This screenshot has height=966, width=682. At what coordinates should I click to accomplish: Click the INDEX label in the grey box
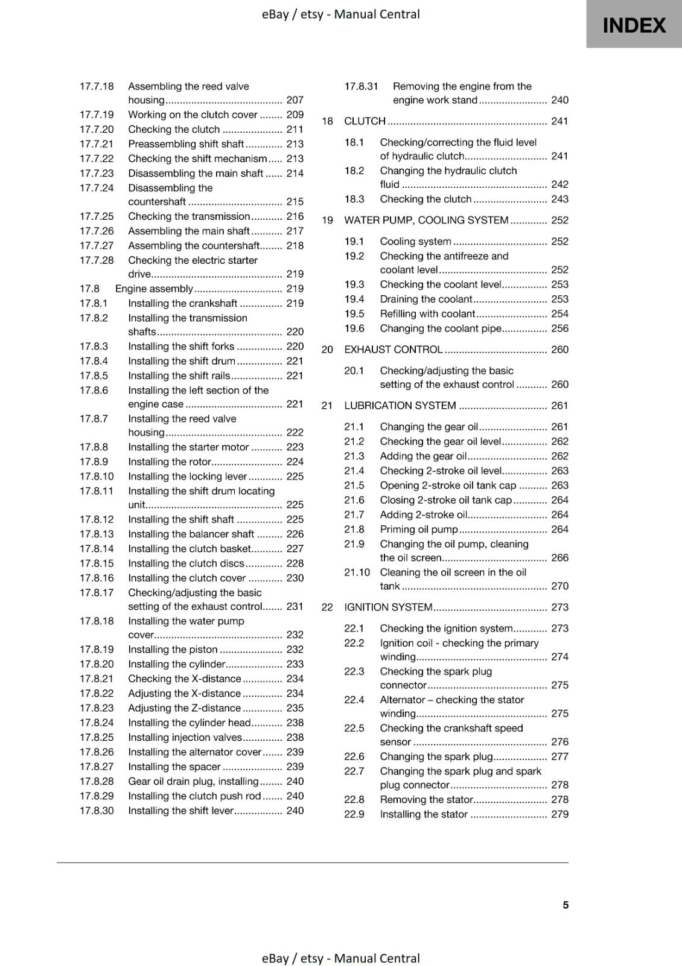coord(634,25)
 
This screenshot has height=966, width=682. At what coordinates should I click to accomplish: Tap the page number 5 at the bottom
coord(566,904)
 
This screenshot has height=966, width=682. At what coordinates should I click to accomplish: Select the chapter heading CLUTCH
coord(365,121)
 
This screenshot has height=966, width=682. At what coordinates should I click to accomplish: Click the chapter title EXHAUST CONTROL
coord(393,350)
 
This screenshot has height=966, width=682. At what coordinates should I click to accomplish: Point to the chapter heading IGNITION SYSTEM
coord(388,607)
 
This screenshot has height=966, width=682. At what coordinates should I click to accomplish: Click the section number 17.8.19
coord(97,650)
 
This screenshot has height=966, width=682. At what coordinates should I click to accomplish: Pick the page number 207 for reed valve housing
coord(295,100)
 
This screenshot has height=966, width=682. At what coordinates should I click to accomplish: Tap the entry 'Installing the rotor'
coord(170,462)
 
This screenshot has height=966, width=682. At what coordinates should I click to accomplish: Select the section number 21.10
coord(357,572)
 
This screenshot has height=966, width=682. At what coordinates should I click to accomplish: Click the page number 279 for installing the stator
coord(559,814)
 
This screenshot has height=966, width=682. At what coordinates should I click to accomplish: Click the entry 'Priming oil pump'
coord(419,529)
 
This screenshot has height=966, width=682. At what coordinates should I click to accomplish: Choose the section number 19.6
coord(354,328)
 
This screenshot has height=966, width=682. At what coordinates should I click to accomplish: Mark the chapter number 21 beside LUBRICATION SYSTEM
coord(327,406)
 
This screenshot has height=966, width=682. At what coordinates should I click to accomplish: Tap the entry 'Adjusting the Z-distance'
coord(184,708)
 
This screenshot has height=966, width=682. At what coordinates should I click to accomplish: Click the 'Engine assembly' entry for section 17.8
coord(154,289)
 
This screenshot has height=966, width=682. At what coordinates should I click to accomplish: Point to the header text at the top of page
coord(340,14)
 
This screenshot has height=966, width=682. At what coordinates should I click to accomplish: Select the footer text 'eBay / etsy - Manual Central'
coord(340,958)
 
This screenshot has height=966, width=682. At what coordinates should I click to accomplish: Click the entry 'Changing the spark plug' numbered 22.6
coord(436,756)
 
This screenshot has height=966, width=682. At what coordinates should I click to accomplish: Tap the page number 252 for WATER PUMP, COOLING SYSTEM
coord(559,220)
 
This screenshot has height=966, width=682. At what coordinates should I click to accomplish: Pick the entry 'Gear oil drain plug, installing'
coord(193,781)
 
